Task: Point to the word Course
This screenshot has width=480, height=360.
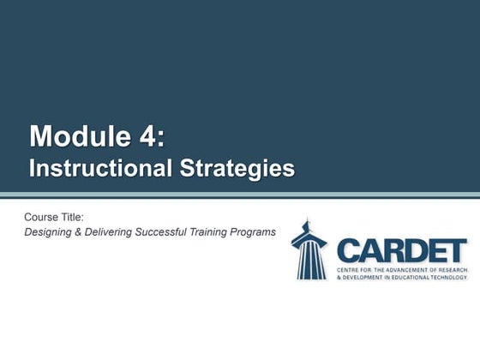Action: click(x=42, y=217)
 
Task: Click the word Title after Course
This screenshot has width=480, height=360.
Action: click(x=73, y=217)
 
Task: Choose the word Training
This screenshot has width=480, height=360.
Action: click(x=216, y=232)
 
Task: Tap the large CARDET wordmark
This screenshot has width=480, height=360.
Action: click(x=401, y=250)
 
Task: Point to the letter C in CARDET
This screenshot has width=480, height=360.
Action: click(x=348, y=250)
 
